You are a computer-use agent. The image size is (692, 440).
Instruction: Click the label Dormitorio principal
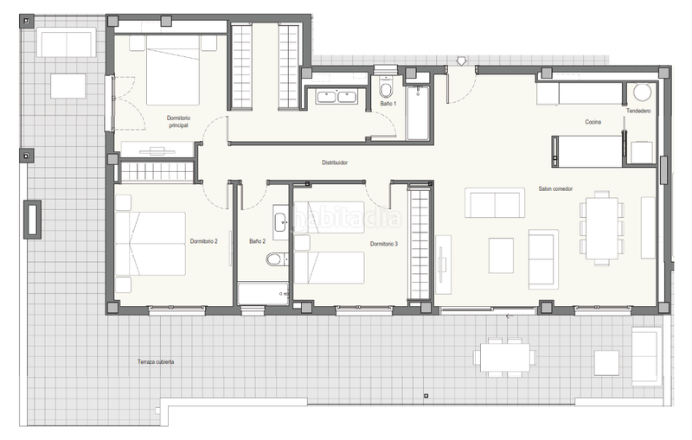coord(179,121)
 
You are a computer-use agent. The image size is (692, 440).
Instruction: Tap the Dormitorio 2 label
coord(203,241)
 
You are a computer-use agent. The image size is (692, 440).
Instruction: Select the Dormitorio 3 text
coord(383,245)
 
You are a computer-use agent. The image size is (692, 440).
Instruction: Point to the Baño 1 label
coord(388,104)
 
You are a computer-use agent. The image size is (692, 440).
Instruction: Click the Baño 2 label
coord(258,241)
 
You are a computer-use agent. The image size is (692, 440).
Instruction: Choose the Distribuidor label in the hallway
coord(330,162)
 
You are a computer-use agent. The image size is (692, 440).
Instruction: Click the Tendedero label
coord(639,112)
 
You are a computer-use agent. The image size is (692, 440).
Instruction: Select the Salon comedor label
coord(557,189)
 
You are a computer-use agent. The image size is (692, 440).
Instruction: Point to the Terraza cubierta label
coord(155,360)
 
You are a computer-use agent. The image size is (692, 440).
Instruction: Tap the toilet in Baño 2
coord(276,258)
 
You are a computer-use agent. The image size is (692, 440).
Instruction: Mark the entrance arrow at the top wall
coord(462,60)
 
